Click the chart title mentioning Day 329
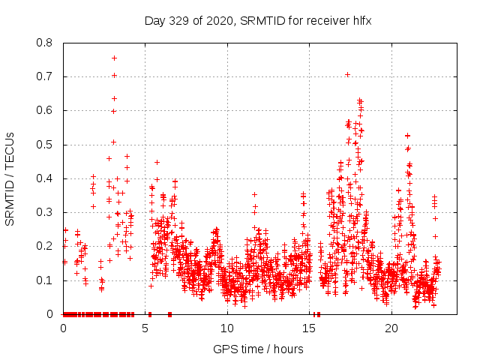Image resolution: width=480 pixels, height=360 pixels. [x=258, y=21]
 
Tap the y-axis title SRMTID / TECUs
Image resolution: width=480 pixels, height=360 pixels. [x=10, y=178]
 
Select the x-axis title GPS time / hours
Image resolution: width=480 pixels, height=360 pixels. [x=258, y=349]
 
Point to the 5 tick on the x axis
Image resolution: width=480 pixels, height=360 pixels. [x=145, y=328]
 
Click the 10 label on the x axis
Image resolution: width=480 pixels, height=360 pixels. [x=227, y=328]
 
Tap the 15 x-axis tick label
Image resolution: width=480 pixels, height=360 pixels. [x=310, y=328]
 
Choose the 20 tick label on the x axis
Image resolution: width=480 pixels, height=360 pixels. [x=391, y=328]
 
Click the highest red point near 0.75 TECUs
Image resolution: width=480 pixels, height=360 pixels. [x=114, y=58]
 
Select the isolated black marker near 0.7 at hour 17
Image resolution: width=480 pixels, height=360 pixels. [x=347, y=74]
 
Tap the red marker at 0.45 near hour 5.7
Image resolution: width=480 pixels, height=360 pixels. [x=157, y=162]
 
